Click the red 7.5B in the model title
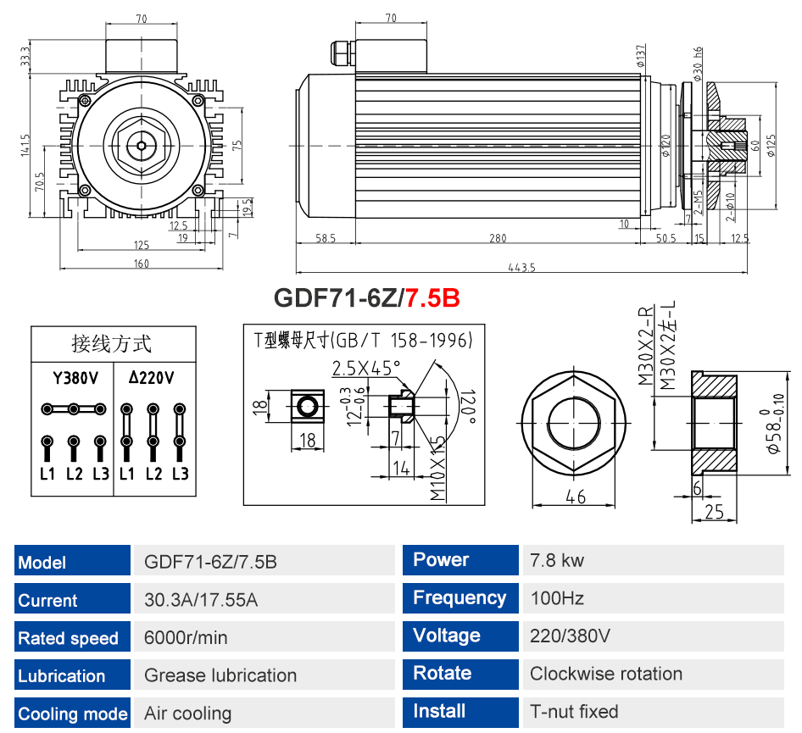432,297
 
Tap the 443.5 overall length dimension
521,267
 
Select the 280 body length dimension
498,238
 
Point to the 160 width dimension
142,264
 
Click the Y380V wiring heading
75,378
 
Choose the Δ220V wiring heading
152,378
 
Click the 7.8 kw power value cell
556,560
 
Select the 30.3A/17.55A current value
200,600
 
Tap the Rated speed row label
68,638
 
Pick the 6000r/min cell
186,637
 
